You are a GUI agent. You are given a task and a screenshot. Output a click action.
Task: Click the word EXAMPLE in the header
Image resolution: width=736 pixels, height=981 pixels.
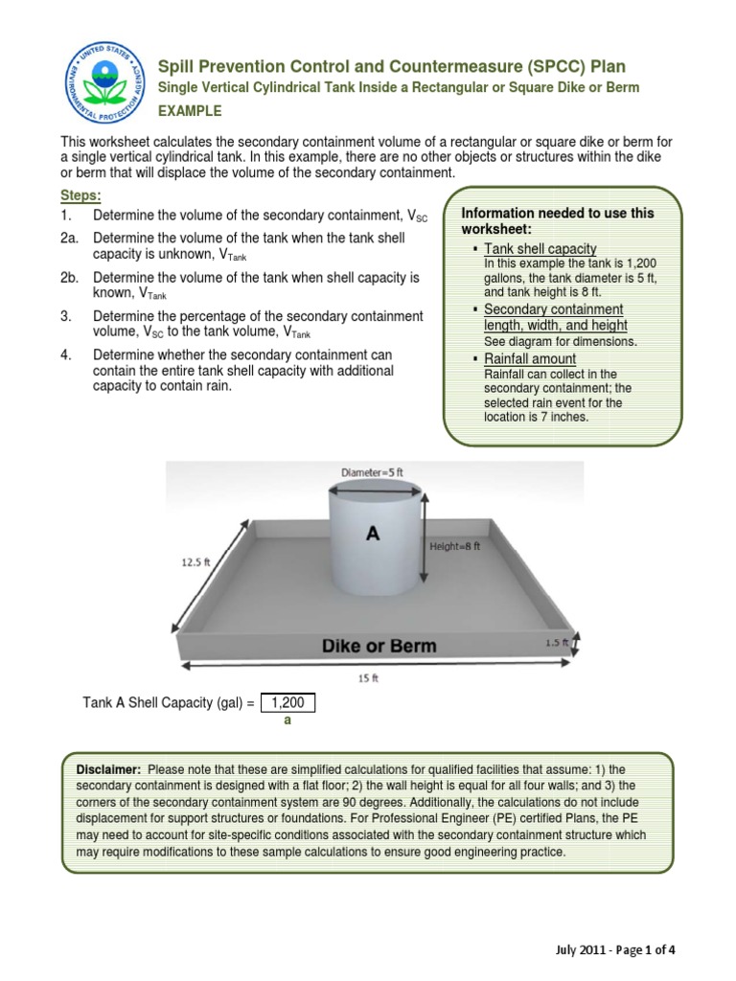click(190, 111)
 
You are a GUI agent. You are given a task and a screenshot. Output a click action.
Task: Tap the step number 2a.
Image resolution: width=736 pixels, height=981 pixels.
click(70, 237)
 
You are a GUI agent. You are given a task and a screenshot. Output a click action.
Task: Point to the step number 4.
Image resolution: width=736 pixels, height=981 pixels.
click(66, 354)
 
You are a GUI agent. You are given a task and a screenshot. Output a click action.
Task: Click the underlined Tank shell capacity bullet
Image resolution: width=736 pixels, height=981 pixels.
click(540, 248)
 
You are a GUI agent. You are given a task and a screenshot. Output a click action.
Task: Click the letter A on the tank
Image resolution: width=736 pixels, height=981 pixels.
click(372, 536)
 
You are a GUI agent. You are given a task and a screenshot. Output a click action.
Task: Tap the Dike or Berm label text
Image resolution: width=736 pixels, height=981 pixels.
click(379, 646)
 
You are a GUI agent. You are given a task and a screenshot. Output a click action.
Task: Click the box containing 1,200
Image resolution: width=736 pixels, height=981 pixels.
click(287, 703)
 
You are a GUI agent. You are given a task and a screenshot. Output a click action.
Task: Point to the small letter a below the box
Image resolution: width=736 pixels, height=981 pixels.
click(286, 723)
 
